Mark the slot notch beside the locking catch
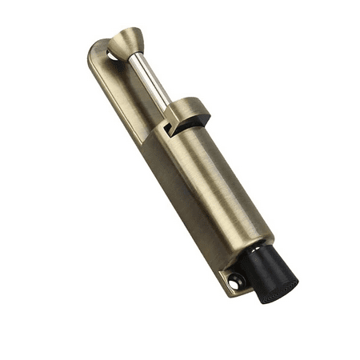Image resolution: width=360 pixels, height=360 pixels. point(169,126)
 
